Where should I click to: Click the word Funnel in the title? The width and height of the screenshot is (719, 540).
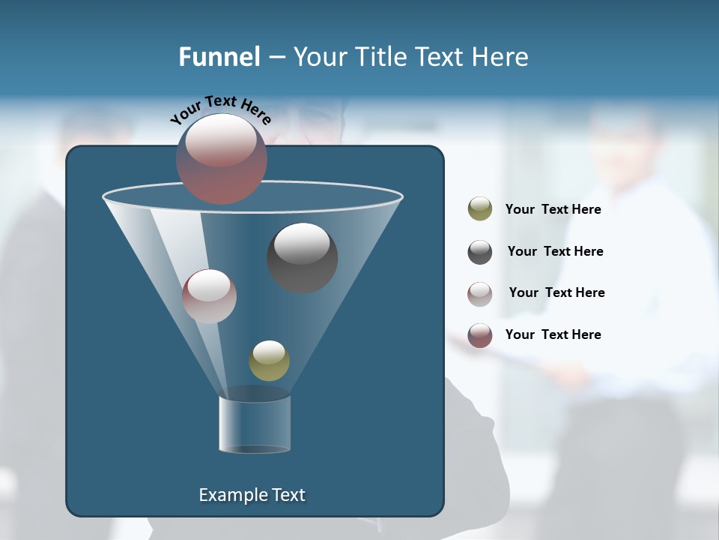(x=219, y=57)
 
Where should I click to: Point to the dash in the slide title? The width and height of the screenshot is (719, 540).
(x=276, y=58)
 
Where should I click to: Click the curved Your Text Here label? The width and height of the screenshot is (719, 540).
(x=220, y=109)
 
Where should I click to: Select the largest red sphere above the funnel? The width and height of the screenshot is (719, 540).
(x=221, y=158)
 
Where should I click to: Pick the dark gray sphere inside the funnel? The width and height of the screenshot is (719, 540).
(x=302, y=257)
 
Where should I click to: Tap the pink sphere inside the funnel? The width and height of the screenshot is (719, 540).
(x=209, y=296)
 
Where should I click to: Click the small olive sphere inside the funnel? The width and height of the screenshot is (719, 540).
(x=269, y=361)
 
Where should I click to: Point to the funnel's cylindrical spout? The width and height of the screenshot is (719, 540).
(x=255, y=424)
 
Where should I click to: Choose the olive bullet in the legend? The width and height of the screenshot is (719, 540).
(x=480, y=209)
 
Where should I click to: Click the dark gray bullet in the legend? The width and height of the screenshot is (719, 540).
(x=480, y=252)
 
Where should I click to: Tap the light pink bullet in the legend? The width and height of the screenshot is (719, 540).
(x=480, y=293)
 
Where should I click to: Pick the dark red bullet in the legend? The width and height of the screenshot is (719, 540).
(x=480, y=335)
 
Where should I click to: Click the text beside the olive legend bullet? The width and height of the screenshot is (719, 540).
(x=553, y=209)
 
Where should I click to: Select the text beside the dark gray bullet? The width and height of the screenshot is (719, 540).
(x=555, y=251)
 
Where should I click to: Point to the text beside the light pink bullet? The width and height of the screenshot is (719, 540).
(x=556, y=292)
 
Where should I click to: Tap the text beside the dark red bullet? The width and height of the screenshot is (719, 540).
(x=553, y=334)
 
